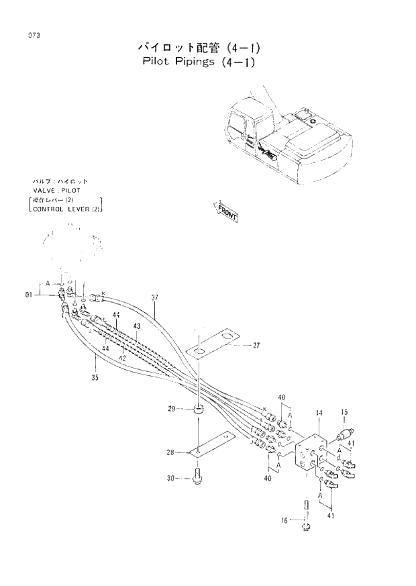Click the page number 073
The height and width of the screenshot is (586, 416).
(x=28, y=35)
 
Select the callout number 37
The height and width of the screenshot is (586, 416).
(x=155, y=297)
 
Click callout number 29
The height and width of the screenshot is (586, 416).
(x=172, y=408)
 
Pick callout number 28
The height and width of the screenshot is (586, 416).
(x=172, y=453)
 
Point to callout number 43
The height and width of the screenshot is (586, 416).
(x=137, y=326)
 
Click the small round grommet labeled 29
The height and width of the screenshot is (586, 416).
(x=198, y=409)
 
